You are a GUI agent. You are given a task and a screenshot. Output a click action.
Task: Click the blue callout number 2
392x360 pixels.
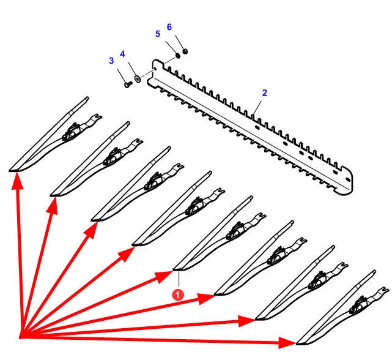264,93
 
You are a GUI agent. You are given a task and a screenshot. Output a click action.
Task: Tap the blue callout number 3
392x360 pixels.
111,61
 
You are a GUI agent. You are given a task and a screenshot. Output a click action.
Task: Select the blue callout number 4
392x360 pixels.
122,54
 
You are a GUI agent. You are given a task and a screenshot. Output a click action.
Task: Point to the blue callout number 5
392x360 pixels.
158,34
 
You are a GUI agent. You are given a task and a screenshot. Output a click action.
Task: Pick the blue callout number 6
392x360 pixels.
169,28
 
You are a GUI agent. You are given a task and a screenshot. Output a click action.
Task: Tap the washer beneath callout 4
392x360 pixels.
138,79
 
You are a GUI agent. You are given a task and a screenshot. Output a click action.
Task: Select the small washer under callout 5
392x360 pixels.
177,54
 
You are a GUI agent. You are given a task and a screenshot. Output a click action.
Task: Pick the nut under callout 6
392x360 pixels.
185,50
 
